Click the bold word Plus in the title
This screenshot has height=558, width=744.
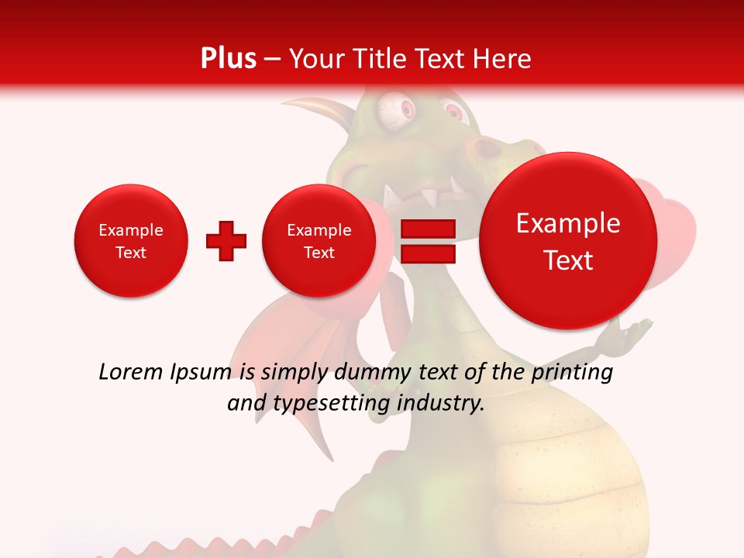point(228,59)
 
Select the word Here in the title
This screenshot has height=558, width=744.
point(504,59)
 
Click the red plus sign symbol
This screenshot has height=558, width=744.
point(226,241)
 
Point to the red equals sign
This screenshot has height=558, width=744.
point(428,241)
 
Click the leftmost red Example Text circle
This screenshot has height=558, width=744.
point(131,241)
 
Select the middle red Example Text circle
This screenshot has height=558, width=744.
point(319,241)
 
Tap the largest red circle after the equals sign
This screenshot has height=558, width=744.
point(568,241)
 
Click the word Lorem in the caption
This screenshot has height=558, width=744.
point(129,373)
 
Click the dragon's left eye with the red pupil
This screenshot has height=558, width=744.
point(391,110)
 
